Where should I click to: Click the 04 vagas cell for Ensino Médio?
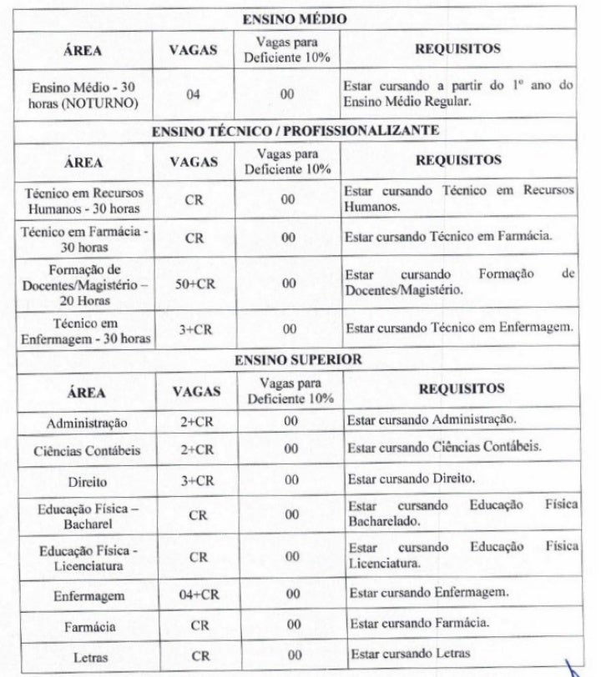(194, 94)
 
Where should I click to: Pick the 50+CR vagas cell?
(196, 283)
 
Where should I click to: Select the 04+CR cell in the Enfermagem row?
(198, 595)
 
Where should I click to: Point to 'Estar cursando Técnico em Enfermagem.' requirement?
(460, 328)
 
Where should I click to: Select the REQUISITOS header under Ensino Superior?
(461, 389)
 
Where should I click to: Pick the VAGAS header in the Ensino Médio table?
(194, 50)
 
